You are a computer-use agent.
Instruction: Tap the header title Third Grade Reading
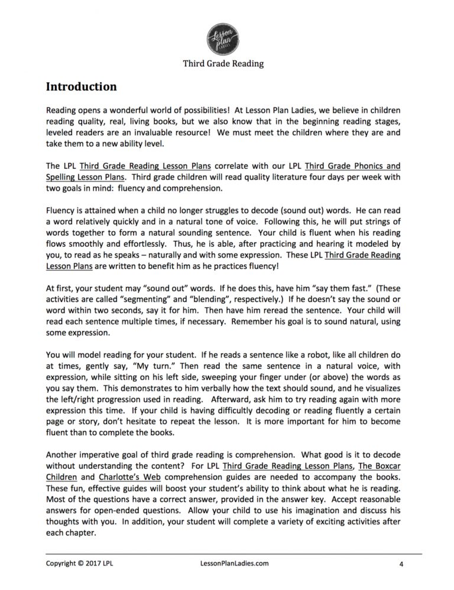[x=226, y=63]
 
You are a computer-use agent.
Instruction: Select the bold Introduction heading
[x=81, y=87]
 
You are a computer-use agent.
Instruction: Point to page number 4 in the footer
[x=400, y=564]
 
